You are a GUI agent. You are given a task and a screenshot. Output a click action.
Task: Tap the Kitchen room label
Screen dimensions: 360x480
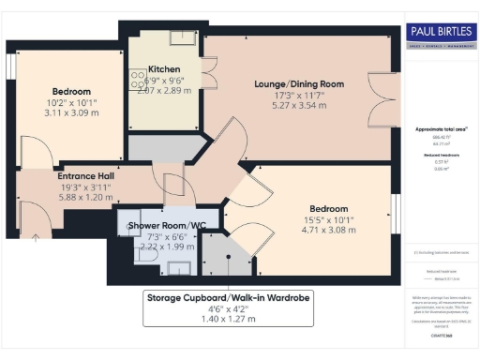pyautogui.click(x=164, y=69)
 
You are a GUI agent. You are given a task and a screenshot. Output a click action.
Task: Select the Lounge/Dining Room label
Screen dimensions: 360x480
pyautogui.click(x=299, y=83)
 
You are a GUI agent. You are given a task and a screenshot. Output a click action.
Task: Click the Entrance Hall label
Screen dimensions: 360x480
pyautogui.click(x=86, y=175)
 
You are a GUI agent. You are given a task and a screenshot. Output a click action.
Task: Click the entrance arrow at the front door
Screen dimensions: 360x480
pyautogui.click(x=36, y=236)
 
